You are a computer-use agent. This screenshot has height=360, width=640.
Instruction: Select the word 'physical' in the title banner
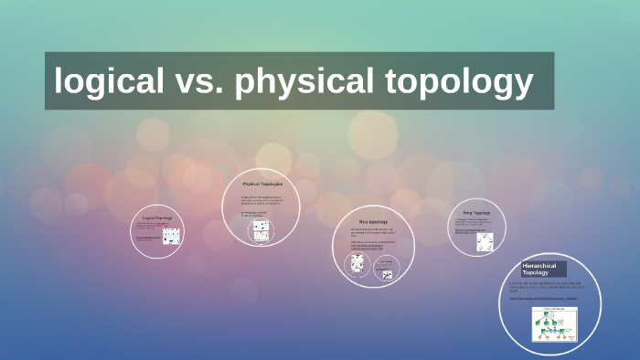[x=301, y=81]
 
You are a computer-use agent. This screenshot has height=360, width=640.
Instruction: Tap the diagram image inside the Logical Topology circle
[x=171, y=236]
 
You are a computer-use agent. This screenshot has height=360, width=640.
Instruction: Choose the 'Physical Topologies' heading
[x=261, y=185]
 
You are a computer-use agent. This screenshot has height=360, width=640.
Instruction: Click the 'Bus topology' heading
[x=372, y=222]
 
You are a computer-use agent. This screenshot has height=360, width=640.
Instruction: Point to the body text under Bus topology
[x=375, y=234]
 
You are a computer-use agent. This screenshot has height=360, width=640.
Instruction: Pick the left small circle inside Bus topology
[x=356, y=265]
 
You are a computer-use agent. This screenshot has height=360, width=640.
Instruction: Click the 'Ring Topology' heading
[x=476, y=213]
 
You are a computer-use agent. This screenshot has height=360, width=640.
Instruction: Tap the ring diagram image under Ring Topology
[x=485, y=241]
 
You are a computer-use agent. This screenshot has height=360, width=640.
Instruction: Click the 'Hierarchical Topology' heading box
[x=543, y=269]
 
